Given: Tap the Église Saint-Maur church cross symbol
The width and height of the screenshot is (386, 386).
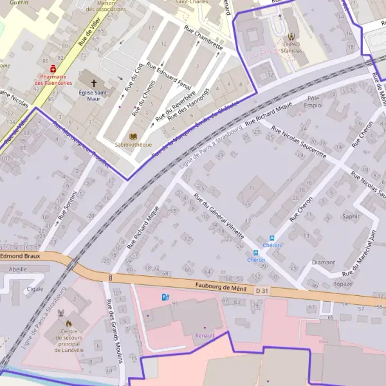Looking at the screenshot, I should (x=95, y=82).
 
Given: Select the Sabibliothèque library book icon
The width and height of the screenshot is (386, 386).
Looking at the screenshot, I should (x=133, y=136).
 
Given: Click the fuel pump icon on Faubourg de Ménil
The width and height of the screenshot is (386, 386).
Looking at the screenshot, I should (x=165, y=297).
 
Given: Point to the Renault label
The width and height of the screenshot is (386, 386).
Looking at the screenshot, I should (x=205, y=335).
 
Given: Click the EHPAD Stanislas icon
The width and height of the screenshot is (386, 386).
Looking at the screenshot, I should (x=293, y=37).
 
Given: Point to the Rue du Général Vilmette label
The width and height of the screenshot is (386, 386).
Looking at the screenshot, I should (x=219, y=219).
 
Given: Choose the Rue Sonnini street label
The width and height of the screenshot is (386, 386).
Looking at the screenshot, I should (x=67, y=206).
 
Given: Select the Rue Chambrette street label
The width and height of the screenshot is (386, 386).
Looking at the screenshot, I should (x=203, y=40).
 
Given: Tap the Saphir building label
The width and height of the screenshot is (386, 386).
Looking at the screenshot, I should (x=351, y=216).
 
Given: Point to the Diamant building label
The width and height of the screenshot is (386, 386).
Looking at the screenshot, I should (x=323, y=262).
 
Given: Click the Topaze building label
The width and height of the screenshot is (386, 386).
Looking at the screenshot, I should (x=344, y=284).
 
